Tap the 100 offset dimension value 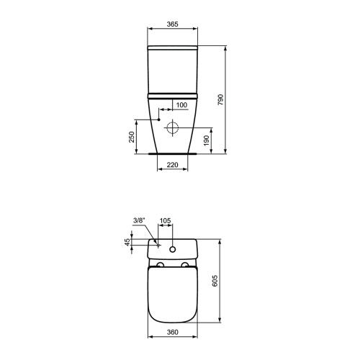[x=181, y=106]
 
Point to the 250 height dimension [x=132, y=137]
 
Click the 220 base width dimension [x=172, y=165]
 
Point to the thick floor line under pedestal [x=172, y=153]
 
